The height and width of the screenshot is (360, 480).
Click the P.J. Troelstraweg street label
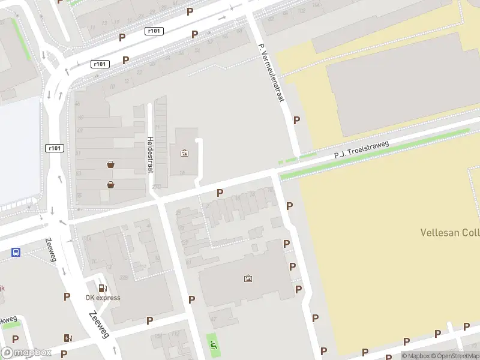[x=362, y=150]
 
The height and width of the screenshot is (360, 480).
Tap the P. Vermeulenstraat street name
[x=271, y=73]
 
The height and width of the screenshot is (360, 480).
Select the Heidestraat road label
[x=149, y=154]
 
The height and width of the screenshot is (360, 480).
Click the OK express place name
[x=103, y=298]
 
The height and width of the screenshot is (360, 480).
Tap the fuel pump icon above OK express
[x=103, y=288]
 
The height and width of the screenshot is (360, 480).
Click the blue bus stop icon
[x=16, y=253]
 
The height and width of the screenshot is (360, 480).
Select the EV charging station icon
[x=68, y=338]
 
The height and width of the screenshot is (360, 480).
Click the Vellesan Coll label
[x=449, y=232]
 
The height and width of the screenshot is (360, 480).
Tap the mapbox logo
[x=26, y=353]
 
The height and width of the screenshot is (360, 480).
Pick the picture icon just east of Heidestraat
[x=184, y=153]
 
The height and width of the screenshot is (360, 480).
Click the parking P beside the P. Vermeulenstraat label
[x=296, y=120]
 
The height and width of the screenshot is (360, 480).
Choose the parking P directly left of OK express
[x=67, y=296]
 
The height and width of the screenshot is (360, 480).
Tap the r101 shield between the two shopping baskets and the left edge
[x=54, y=148]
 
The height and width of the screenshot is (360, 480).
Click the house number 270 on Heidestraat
[x=156, y=187]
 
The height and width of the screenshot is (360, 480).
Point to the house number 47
[x=213, y=319]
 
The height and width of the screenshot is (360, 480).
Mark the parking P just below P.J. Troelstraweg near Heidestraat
[x=220, y=193]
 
